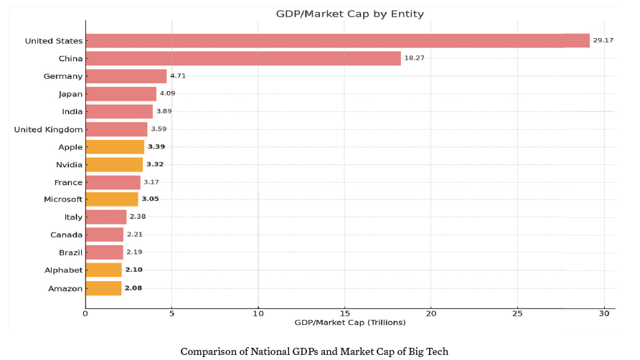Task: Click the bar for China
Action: tap(243, 58)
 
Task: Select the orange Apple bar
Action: tap(115, 147)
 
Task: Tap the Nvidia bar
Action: tap(114, 164)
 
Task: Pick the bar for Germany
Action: tap(126, 76)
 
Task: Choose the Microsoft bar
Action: tap(111, 199)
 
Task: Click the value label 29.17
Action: tap(603, 41)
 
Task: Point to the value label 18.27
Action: tap(414, 58)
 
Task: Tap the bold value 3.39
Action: tap(156, 147)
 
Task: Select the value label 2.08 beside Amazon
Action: tap(133, 288)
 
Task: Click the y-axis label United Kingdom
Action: tap(49, 129)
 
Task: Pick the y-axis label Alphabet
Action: tap(62, 270)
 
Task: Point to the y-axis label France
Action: tap(68, 182)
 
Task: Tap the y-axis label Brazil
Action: tap(70, 252)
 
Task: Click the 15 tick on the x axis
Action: tap(344, 313)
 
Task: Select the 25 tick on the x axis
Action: tap(517, 313)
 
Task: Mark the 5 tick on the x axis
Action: tap(171, 313)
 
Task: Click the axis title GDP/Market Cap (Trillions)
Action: tap(350, 323)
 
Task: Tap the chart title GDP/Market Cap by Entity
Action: tap(349, 14)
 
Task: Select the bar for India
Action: tap(118, 111)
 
